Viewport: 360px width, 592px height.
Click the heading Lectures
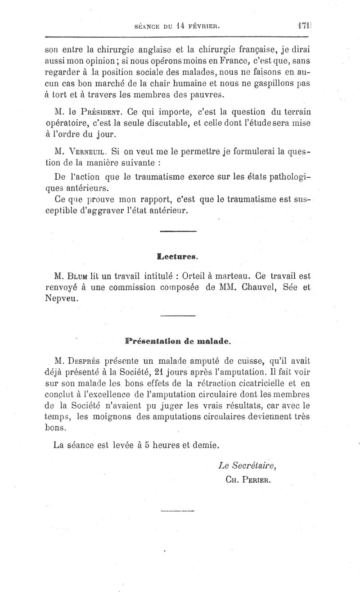coord(178,258)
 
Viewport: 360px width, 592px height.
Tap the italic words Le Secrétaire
coord(247,465)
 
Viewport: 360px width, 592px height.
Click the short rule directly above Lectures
coord(178,231)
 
